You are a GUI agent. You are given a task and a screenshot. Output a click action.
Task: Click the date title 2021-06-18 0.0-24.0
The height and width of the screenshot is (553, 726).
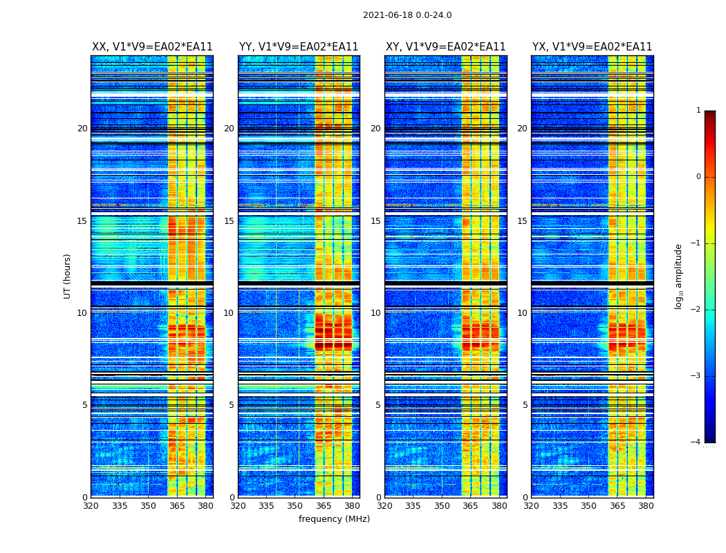coord(407,15)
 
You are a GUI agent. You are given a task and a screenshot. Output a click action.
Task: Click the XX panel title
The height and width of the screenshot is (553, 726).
coord(152,47)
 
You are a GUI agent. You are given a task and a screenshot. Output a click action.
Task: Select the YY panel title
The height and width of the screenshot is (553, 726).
coord(299,47)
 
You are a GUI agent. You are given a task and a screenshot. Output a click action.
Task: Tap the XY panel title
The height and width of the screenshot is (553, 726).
coord(445,47)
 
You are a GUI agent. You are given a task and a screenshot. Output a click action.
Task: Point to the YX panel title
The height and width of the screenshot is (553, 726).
coord(592,47)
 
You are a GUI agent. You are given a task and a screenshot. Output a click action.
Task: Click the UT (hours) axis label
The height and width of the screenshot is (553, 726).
coord(68,276)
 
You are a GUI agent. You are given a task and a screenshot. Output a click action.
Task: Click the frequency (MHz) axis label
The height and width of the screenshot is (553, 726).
coord(334,519)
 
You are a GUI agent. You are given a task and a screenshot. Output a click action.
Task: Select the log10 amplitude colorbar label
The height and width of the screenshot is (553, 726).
coord(679,276)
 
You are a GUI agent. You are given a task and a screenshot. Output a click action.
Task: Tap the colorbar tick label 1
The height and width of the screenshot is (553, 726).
coord(698,111)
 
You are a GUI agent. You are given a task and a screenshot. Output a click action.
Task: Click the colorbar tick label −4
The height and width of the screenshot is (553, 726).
coord(696,442)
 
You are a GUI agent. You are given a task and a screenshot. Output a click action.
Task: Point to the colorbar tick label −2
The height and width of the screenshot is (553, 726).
coord(696,310)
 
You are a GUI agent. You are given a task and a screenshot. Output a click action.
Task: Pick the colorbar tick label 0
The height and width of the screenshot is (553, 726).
coord(698,177)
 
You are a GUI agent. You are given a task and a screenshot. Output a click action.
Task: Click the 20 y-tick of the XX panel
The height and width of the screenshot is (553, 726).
coord(82,129)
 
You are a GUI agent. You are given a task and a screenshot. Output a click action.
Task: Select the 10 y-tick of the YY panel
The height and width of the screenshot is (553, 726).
coord(229,313)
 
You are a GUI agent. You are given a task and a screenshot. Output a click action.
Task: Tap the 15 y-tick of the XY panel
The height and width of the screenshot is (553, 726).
coord(375,221)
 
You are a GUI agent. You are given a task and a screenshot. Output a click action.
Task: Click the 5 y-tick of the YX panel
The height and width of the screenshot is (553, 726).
coord(525,405)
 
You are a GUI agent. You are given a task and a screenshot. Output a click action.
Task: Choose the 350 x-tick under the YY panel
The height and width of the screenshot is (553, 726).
coord(295,506)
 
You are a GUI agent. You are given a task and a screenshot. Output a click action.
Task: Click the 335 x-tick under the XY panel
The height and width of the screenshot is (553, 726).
coord(413,506)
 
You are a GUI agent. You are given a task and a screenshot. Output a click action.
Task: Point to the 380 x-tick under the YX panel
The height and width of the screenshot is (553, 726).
coord(646,506)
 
